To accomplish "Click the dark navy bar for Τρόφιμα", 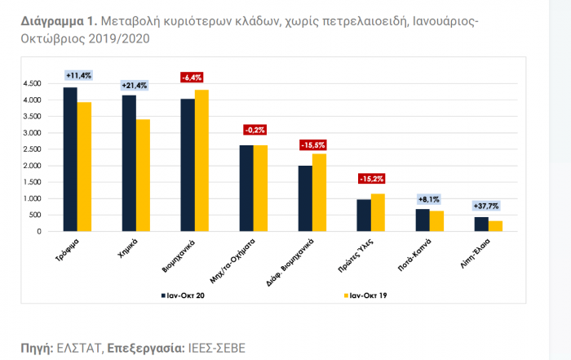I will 70,159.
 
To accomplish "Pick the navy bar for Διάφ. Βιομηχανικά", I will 304,198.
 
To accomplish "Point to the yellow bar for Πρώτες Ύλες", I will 378,212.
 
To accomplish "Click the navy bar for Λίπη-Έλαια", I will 480,224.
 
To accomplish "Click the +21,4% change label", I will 135,85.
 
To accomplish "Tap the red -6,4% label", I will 193,78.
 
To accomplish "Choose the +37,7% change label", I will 488,206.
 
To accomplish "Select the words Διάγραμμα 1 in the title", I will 55,21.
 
